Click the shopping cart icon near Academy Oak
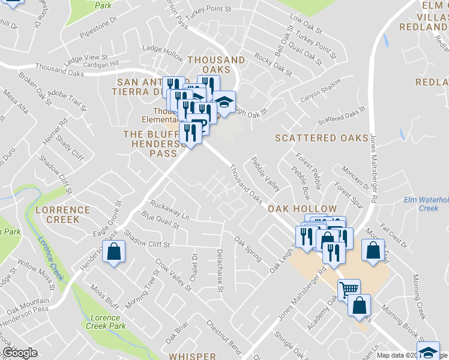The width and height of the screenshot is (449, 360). click(x=348, y=290)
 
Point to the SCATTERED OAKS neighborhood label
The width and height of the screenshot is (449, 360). click(x=321, y=138)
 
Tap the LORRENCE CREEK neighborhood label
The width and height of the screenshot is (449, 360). click(x=62, y=215)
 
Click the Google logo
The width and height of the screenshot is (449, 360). click(x=20, y=353)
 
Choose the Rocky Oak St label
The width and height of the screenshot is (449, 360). click(x=273, y=65)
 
